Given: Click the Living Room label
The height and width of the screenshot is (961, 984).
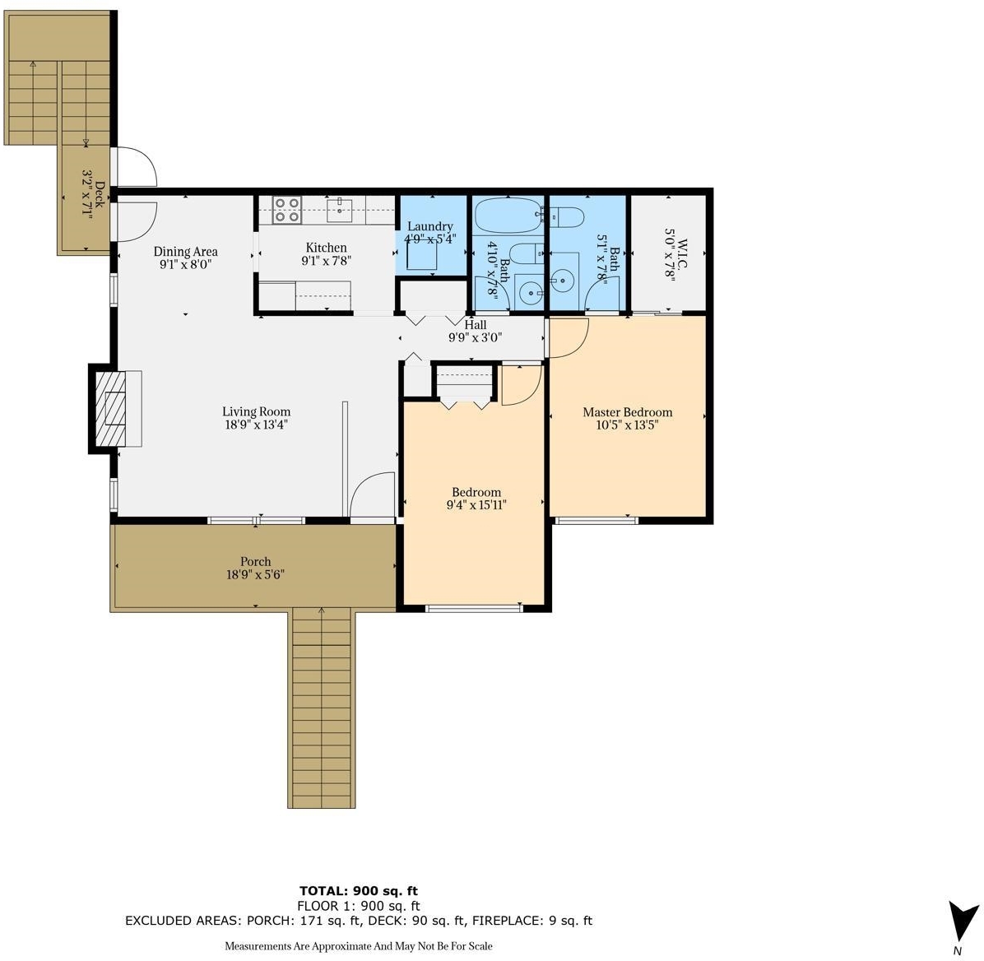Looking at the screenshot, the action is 257,411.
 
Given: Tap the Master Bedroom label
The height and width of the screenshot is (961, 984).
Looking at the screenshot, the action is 628,411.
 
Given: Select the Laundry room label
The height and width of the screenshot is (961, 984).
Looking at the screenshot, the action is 429,226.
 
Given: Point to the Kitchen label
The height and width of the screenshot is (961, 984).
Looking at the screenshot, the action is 327,248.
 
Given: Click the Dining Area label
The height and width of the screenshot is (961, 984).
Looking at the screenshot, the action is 186,252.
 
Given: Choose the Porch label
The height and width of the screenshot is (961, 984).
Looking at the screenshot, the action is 255,561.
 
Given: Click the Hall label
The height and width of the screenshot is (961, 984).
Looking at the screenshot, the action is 475,324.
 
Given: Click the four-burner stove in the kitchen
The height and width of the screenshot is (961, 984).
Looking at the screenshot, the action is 287,210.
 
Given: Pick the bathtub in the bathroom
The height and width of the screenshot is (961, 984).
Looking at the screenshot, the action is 508,216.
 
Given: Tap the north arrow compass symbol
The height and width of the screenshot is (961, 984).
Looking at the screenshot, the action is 962,922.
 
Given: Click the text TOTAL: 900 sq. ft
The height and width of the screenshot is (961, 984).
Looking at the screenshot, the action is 359,891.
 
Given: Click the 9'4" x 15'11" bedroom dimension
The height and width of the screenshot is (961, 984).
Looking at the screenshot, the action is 476,504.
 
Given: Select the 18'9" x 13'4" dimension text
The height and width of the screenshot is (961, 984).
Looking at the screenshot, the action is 257,425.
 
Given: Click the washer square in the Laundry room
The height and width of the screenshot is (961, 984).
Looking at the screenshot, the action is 422,255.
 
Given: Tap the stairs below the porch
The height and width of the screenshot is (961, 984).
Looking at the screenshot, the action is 322,708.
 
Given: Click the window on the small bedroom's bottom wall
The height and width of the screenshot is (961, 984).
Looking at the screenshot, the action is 474,607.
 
